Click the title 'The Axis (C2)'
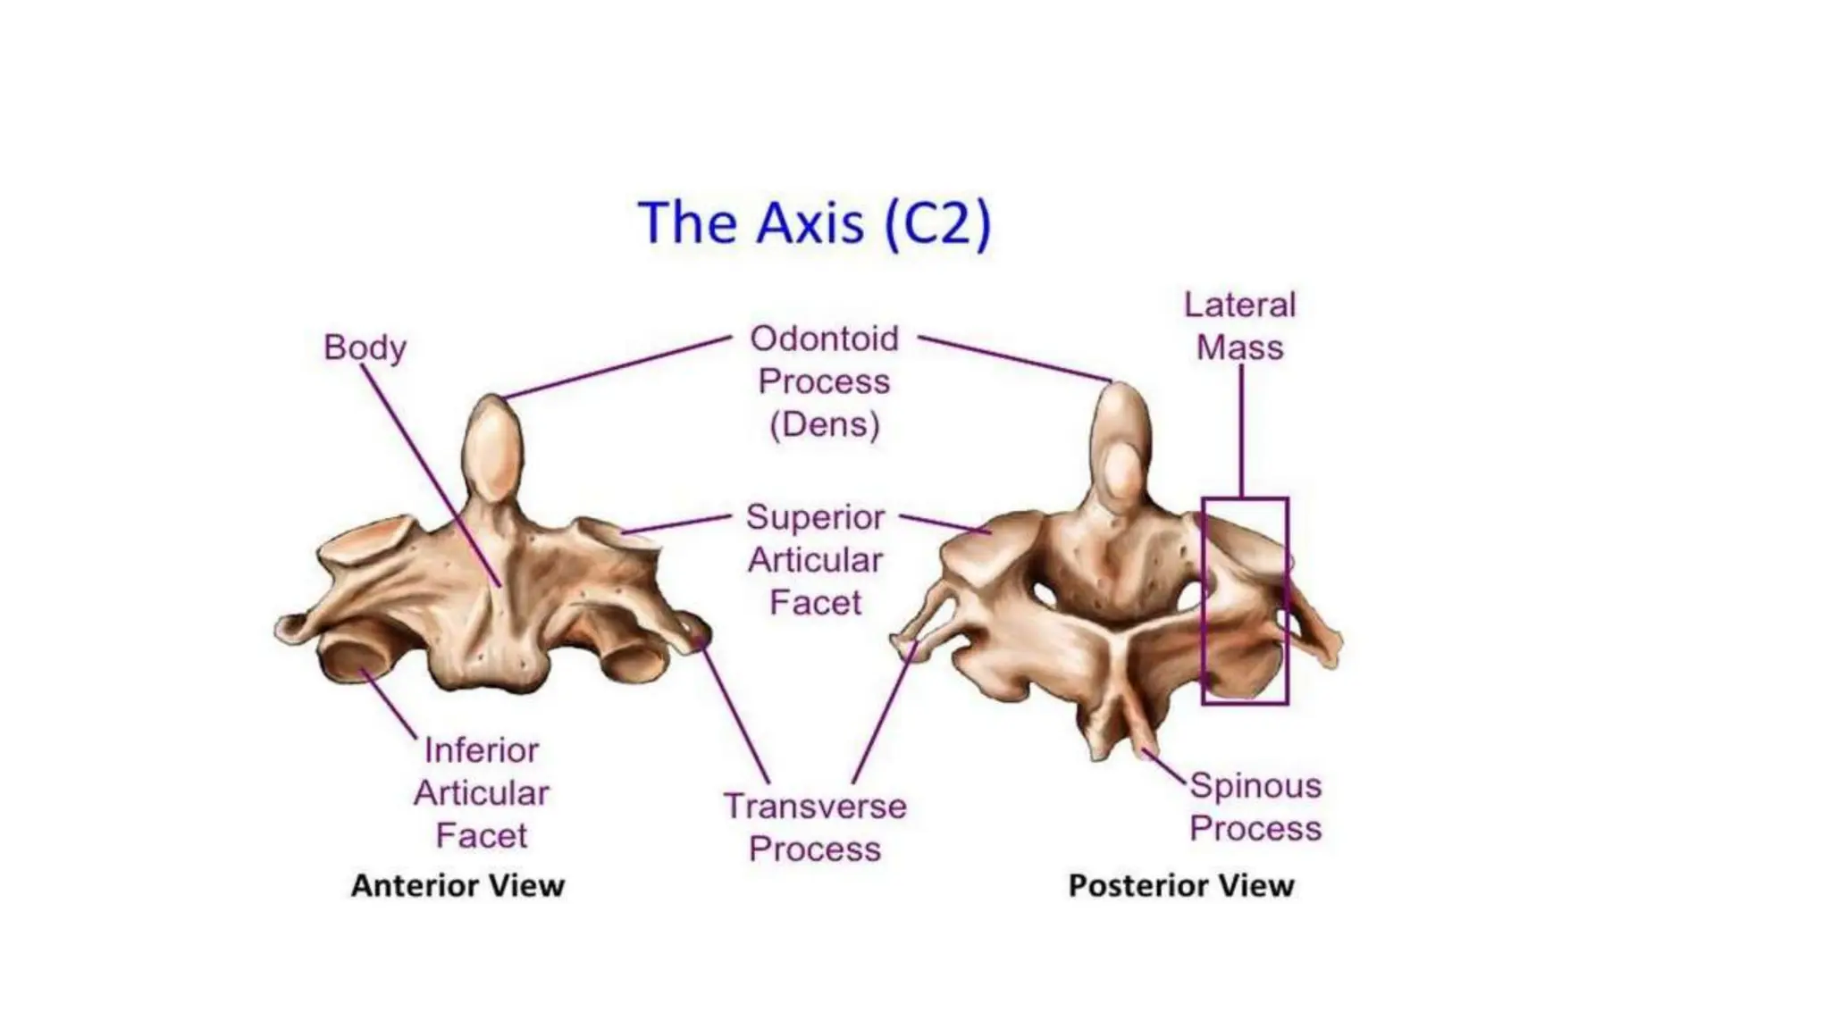814,222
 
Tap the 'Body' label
365,347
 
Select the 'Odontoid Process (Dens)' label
824,381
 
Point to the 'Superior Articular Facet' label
815,560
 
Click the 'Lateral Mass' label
1239,326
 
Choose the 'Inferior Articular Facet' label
482,793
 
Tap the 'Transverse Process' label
815,827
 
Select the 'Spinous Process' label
1255,807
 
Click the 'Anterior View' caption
457,885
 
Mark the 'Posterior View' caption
1181,885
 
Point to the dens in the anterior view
494,447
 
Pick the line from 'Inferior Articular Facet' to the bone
389,703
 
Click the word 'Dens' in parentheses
824,424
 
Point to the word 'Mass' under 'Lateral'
1239,347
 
